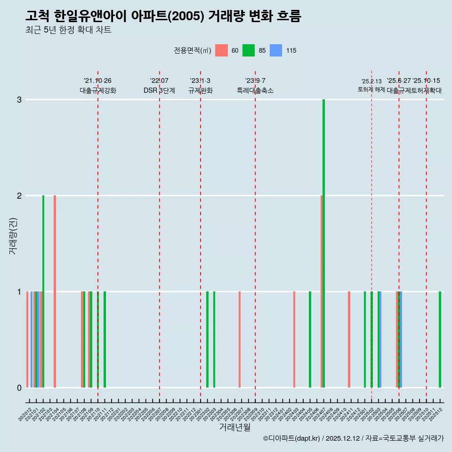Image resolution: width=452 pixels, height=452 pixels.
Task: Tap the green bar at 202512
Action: [x=440, y=339]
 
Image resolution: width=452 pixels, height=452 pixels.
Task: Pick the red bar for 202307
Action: [x=240, y=339]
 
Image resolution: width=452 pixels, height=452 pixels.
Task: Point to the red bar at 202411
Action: [x=349, y=339]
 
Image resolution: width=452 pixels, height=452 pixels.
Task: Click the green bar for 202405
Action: [x=310, y=339]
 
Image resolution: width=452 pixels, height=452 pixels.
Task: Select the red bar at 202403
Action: [x=294, y=339]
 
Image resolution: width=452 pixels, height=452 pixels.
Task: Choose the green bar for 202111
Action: [x=105, y=339]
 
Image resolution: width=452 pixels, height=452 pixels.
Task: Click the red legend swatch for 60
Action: [x=221, y=50]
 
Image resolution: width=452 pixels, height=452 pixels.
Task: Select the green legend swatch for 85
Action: [x=249, y=50]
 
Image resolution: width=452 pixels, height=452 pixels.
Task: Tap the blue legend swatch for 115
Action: [x=276, y=50]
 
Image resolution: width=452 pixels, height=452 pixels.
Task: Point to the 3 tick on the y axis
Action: [x=19, y=100]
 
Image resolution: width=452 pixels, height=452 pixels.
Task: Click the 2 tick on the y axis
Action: [x=19, y=196]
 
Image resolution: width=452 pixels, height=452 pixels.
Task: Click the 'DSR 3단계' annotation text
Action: [x=160, y=90]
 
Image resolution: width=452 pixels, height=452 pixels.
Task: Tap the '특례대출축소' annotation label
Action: [x=255, y=90]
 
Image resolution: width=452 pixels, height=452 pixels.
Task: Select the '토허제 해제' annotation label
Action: [x=371, y=89]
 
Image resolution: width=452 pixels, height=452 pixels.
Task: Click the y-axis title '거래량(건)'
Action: [x=13, y=236]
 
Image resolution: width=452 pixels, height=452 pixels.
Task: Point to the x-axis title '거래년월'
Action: [x=234, y=428]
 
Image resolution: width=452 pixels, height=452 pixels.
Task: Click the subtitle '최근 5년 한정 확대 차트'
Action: [x=69, y=30]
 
